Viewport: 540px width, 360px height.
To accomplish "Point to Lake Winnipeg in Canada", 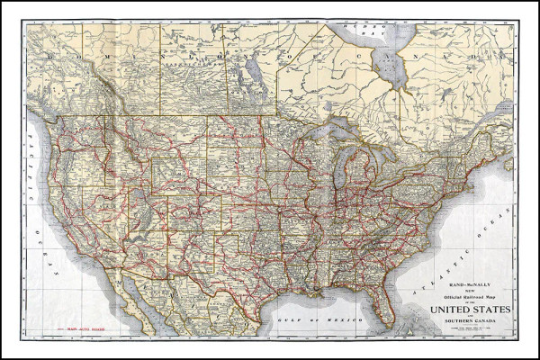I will coord(254,67).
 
